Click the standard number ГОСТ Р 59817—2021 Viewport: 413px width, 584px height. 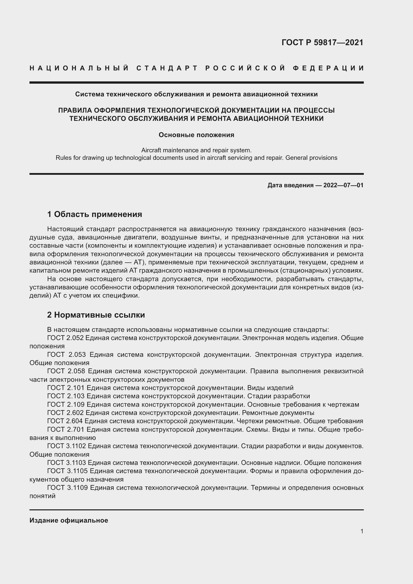pyautogui.click(x=322, y=42)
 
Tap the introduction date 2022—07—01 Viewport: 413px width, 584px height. pyautogui.click(x=343, y=185)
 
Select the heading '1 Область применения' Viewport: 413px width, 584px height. pyautogui.click(x=95, y=214)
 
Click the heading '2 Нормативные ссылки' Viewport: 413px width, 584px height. pyautogui.click(x=96, y=315)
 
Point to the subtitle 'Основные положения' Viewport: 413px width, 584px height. pyautogui.click(x=196, y=135)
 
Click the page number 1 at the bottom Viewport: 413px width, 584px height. pyautogui.click(x=362, y=531)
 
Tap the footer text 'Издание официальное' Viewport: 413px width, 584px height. pyautogui.click(x=69, y=520)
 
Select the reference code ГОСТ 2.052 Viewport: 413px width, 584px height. pyautogui.click(x=65, y=338)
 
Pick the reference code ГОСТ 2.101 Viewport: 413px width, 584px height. pyautogui.click(x=66, y=388)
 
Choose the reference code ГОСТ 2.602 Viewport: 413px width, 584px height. pyautogui.click(x=66, y=412)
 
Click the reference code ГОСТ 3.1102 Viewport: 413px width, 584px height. pyautogui.click(x=67, y=446)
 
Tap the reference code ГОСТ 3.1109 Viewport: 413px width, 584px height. pyautogui.click(x=67, y=488)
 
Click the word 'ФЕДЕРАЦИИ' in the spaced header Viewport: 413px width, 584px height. pyautogui.click(x=328, y=68)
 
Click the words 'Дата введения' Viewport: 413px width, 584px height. pyautogui.click(x=290, y=185)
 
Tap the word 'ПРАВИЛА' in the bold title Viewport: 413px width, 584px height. pyautogui.click(x=74, y=110)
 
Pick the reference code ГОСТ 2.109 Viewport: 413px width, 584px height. pyautogui.click(x=66, y=404)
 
